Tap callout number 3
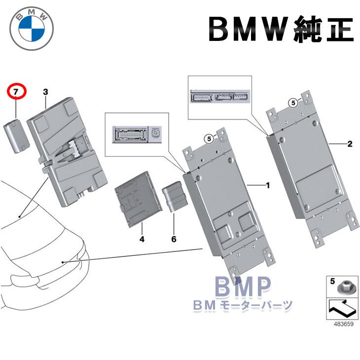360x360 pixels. coord(45,92)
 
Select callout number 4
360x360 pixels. coord(142,239)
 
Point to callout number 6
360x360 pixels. coord(174,239)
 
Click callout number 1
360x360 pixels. coord(268,185)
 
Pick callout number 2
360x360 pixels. coord(349,144)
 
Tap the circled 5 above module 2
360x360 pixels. coord(293,102)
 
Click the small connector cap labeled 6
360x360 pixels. coord(175,198)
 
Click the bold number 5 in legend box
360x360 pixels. coord(332,282)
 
